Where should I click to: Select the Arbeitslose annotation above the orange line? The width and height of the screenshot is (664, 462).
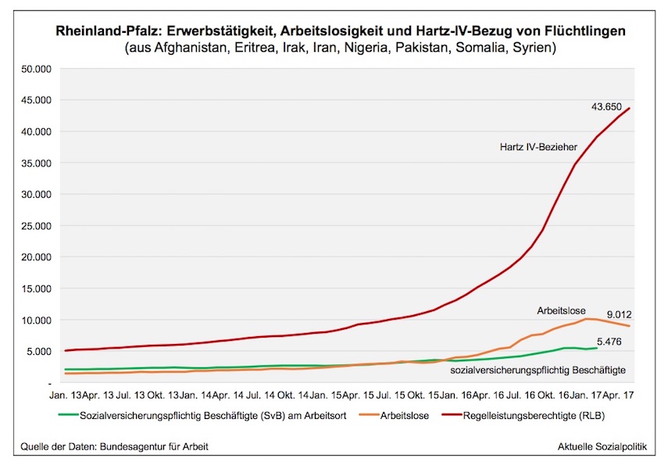(560, 310)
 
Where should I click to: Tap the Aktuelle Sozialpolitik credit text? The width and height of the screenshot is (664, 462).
(601, 446)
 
